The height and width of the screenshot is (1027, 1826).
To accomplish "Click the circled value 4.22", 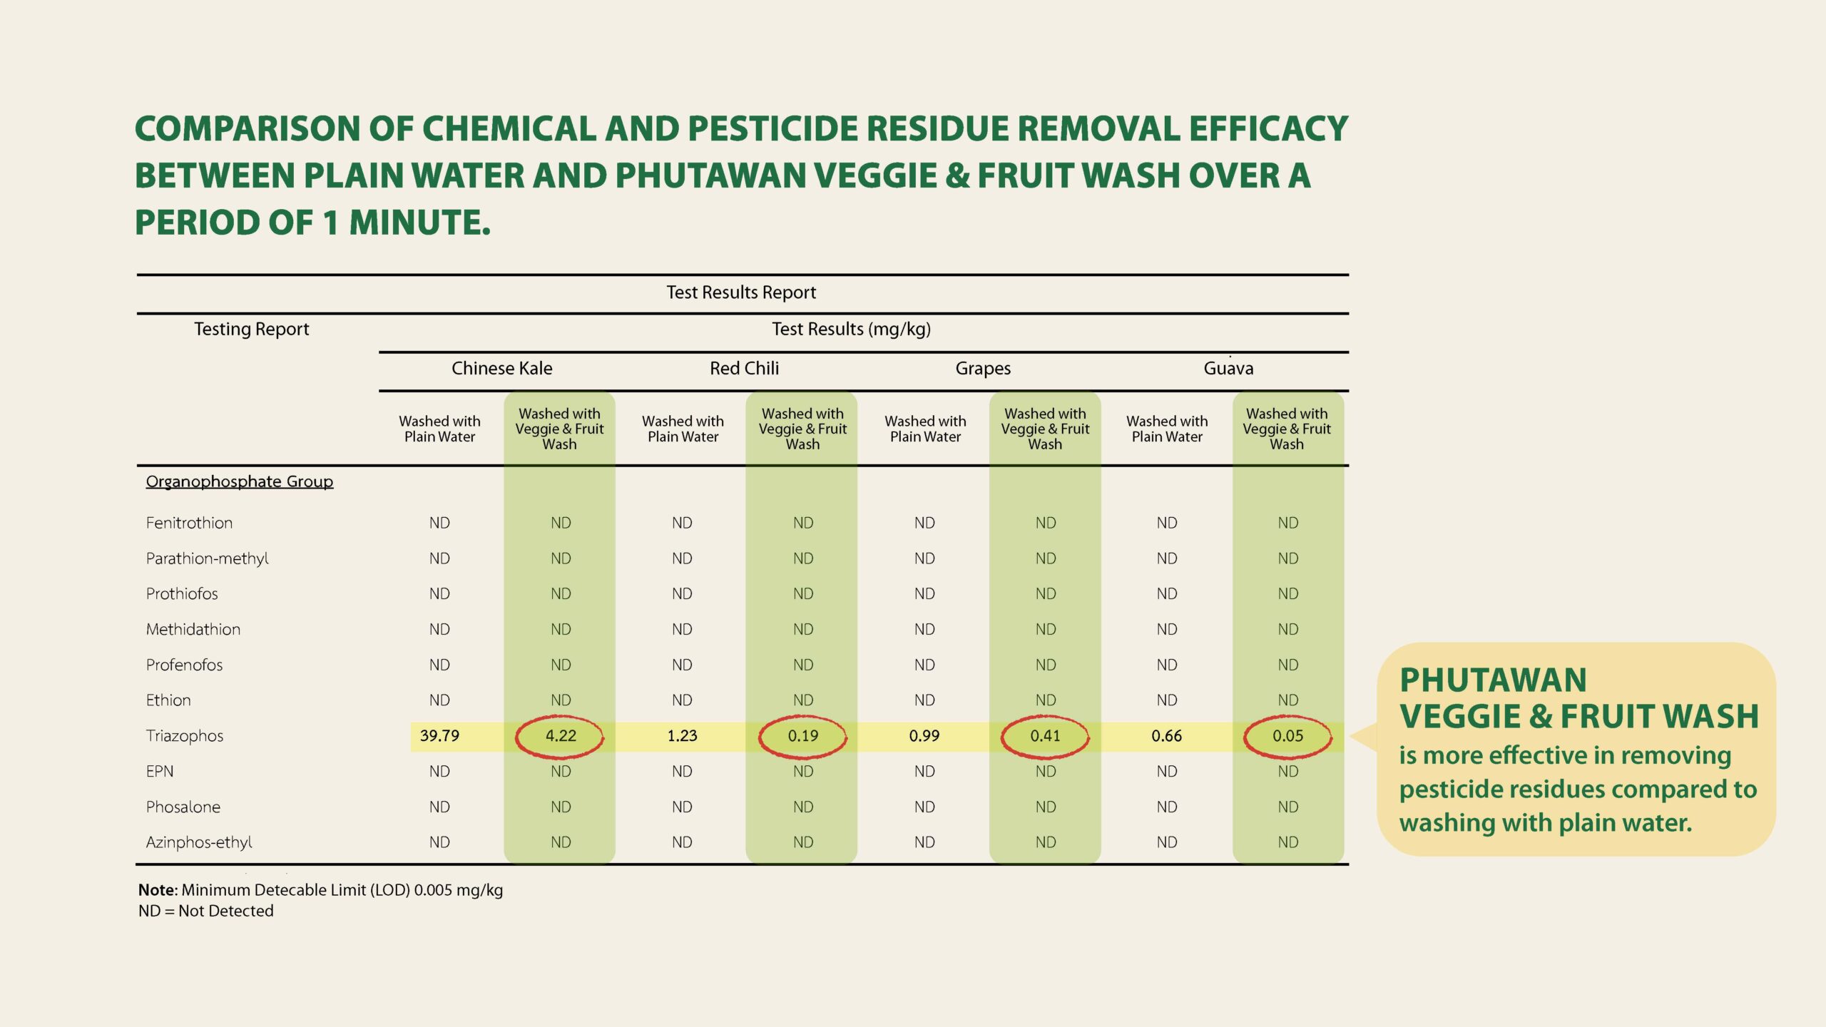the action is (561, 735).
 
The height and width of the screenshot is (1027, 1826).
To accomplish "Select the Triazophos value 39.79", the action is (439, 735).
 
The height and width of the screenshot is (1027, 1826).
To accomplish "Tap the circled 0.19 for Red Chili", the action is (803, 735).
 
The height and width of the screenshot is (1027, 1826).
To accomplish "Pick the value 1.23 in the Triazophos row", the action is (682, 735).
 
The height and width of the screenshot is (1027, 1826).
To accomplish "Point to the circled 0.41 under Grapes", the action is (1046, 735).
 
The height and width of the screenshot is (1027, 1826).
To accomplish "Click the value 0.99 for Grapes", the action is (924, 735).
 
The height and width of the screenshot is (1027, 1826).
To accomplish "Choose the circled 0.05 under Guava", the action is (1288, 735).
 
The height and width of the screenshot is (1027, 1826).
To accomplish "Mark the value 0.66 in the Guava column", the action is (1167, 735).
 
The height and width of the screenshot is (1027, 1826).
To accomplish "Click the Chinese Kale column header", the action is (502, 368).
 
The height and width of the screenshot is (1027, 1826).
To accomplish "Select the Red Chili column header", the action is (744, 368).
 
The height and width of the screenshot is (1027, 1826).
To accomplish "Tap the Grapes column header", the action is (983, 369).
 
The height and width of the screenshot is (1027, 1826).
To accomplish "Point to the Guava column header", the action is (1228, 368).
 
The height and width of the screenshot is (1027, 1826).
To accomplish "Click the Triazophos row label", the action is (185, 736).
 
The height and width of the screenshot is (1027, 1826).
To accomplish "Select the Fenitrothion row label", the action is (189, 523).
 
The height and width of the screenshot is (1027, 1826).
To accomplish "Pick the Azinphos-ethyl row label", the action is (199, 842).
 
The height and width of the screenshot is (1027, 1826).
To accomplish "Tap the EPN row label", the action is (160, 771).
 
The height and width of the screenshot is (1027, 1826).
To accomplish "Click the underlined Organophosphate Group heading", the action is (240, 481).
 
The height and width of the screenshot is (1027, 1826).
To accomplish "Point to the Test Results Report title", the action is (741, 292).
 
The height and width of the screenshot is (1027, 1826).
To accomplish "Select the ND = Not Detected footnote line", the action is (206, 911).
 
